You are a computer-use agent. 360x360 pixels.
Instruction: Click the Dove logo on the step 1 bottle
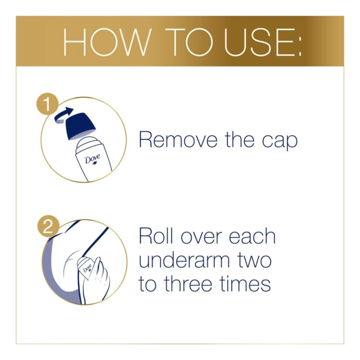pyautogui.click(x=93, y=159)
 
